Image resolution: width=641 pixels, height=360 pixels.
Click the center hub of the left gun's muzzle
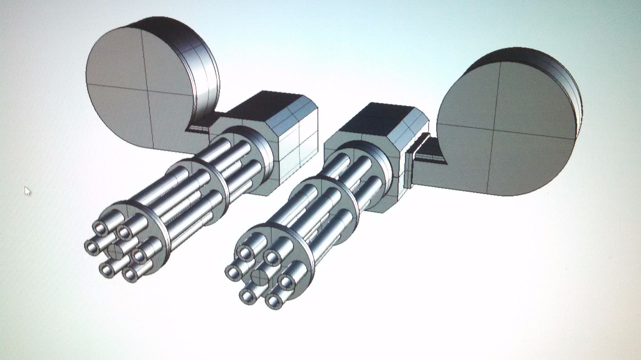tap(116, 250)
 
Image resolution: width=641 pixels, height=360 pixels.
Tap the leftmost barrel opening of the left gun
tap(91, 247)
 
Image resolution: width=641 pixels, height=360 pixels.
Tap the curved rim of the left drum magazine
tap(204, 67)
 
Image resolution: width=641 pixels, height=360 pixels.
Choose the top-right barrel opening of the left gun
tap(125, 232)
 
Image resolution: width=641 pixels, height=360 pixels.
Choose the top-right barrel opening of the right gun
tap(272, 257)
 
